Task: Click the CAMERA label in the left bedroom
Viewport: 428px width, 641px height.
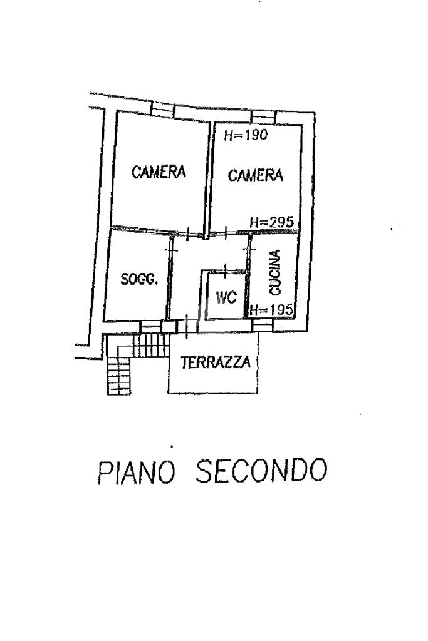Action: pos(159,172)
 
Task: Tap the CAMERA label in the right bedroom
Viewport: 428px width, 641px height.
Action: pos(255,175)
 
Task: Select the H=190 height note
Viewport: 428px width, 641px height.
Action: pos(246,135)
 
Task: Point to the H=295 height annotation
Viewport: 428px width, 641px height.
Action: pos(272,222)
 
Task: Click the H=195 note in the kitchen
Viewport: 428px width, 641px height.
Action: pos(271,309)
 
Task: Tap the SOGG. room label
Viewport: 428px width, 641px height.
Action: pos(139,279)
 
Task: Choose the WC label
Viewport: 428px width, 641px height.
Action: pos(226,297)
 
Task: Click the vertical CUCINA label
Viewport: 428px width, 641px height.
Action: pos(275,273)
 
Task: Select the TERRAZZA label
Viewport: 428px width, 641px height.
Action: pos(216,362)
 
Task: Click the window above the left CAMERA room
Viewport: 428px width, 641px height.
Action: pos(162,109)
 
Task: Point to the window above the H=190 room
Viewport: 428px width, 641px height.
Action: pos(263,117)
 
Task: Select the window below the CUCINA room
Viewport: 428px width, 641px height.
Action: pos(263,325)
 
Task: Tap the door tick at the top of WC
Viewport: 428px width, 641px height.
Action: pos(226,270)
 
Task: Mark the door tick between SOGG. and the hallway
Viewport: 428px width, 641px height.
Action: pos(171,249)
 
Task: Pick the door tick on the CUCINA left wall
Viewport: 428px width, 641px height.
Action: pos(249,248)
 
